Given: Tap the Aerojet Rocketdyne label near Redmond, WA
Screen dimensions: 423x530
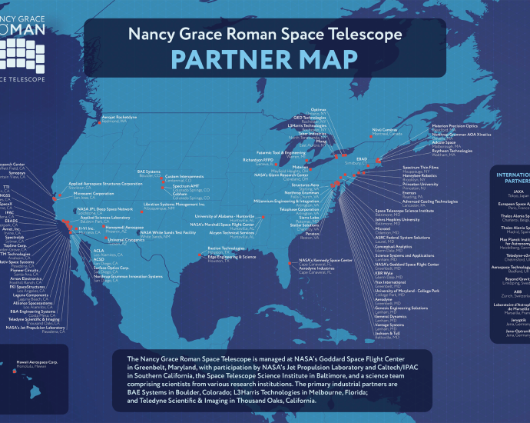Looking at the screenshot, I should click(119, 117).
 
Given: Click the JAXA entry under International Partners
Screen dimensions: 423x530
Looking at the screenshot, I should click(518, 192).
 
